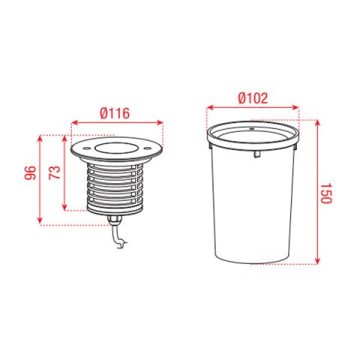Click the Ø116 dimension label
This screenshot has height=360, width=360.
pyautogui.click(x=115, y=113)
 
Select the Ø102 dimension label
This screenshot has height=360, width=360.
pyautogui.click(x=253, y=98)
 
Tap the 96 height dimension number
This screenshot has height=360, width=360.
pyautogui.click(x=30, y=172)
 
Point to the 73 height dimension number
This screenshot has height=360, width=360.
pyautogui.click(x=55, y=172)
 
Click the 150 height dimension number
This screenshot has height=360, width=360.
pyautogui.click(x=326, y=193)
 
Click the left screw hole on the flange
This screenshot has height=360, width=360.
pyautogui.click(x=87, y=148)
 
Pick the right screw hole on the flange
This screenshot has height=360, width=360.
pyautogui.click(x=147, y=148)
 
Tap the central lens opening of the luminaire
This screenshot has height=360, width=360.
pyautogui.click(x=117, y=148)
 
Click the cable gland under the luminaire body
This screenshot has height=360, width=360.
pyautogui.click(x=114, y=220)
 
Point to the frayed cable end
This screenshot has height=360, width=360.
pyautogui.click(x=122, y=244)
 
